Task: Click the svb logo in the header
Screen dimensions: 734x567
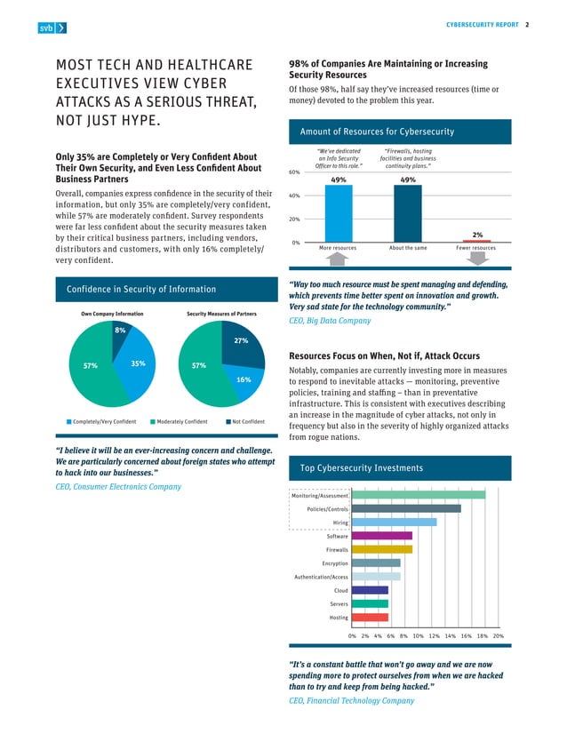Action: tap(52, 28)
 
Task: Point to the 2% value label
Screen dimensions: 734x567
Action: tap(477, 235)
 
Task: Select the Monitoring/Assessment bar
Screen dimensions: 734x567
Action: tap(418, 495)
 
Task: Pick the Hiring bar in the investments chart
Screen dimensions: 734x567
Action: tap(394, 523)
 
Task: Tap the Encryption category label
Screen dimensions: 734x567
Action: tap(334, 563)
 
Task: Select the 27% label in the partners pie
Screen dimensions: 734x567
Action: tap(240, 340)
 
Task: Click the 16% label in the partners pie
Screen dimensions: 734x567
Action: tap(244, 379)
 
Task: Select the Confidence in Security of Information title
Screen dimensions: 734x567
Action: tap(141, 289)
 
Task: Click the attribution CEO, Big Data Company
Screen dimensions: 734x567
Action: tap(331, 321)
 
